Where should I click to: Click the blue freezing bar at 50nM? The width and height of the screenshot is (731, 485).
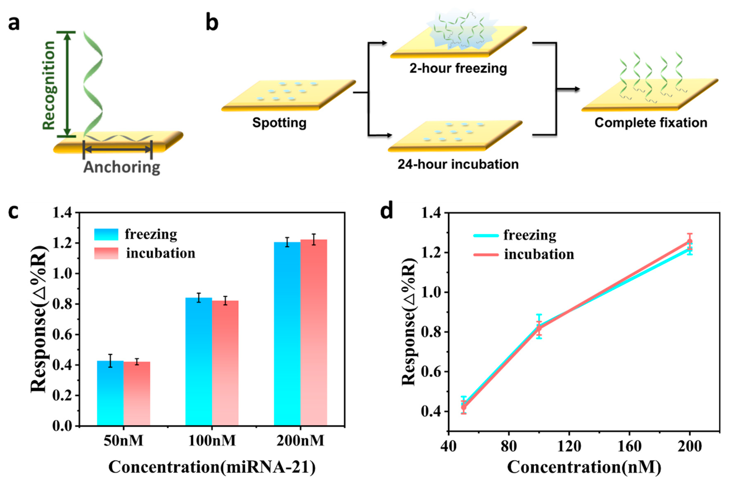coord(110,393)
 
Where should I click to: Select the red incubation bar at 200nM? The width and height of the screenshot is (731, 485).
coord(314,333)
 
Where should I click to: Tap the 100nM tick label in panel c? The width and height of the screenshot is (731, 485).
coord(212,440)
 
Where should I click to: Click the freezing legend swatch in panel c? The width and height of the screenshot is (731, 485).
coord(106,234)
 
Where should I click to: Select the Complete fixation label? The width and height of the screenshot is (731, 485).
coord(651,123)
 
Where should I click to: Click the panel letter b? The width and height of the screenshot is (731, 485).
coord(212,23)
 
